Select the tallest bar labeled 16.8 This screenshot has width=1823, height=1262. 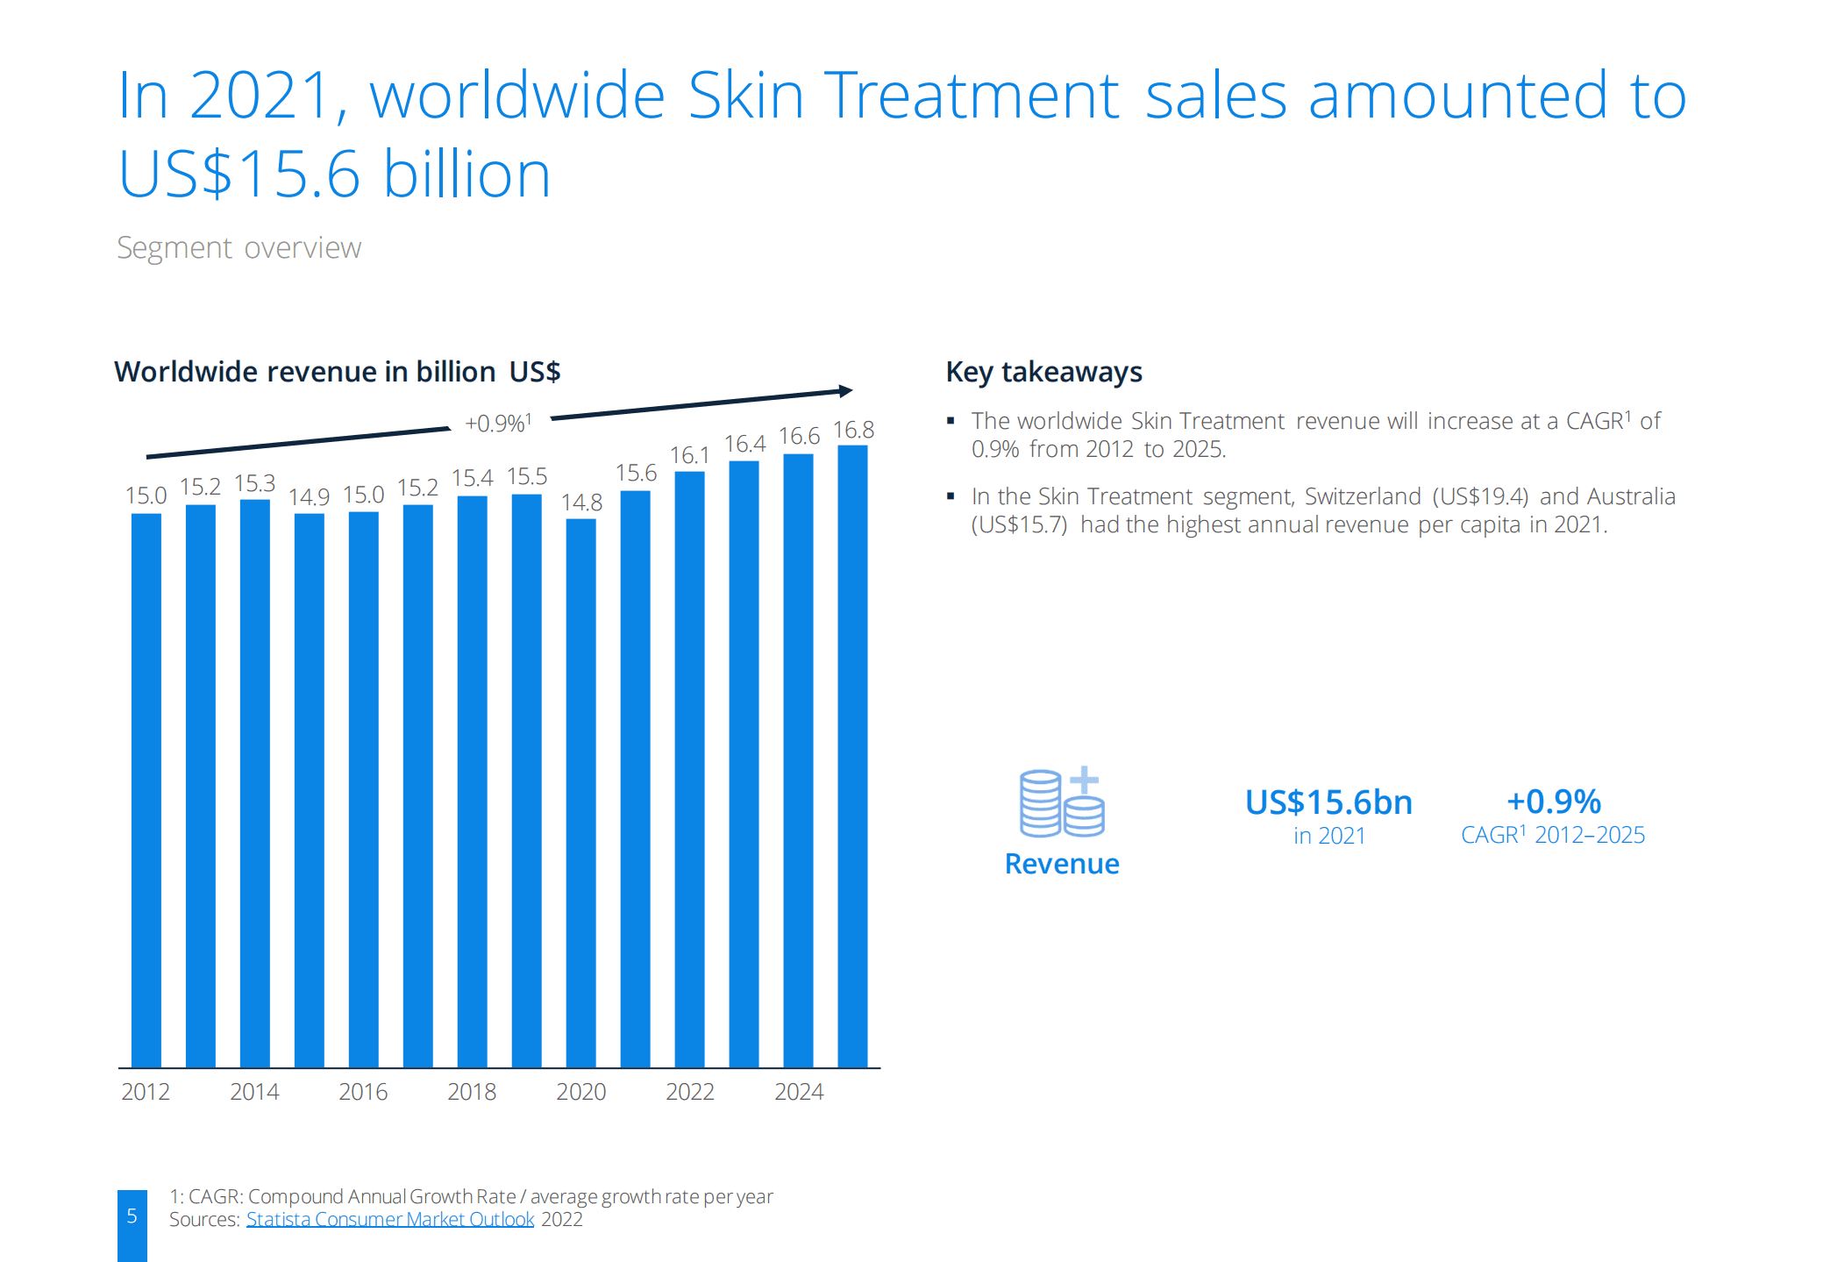click(852, 755)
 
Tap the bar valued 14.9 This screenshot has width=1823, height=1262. click(309, 789)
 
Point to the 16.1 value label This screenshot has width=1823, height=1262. click(689, 455)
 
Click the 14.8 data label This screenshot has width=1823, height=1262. click(581, 503)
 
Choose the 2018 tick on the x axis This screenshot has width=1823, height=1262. click(472, 1092)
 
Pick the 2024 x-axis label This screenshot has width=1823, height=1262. click(799, 1092)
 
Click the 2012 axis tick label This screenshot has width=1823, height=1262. click(146, 1092)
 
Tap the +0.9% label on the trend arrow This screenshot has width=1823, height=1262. click(498, 424)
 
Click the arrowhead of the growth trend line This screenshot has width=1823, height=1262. click(845, 390)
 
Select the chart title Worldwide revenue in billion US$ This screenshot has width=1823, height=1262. click(337, 372)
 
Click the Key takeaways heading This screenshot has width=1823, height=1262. click(1043, 372)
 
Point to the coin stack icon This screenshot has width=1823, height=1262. click(1061, 802)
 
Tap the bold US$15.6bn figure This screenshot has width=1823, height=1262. click(1328, 802)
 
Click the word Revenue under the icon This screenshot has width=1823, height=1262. click(1062, 864)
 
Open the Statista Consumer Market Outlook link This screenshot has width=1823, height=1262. click(390, 1219)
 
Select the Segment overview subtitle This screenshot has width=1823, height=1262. click(239, 248)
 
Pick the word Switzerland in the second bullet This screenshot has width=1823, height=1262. click(1363, 496)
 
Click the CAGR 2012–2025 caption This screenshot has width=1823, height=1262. click(1553, 835)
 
